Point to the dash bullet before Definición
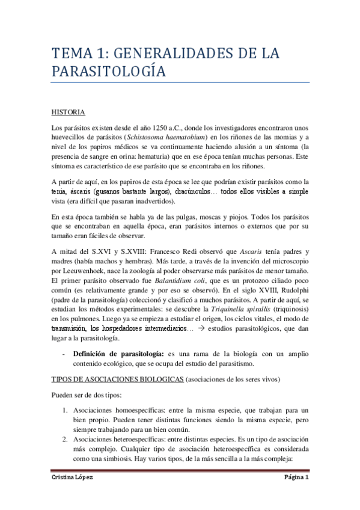click(64, 354)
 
